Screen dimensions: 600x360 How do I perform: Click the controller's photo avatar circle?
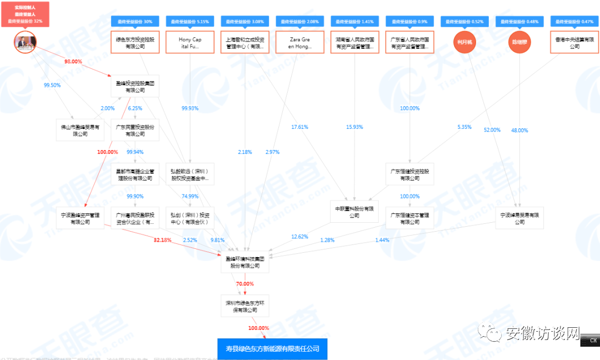click(25, 42)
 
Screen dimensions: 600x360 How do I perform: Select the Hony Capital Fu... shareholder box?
click(190, 43)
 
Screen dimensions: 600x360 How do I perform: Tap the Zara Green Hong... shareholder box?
click(300, 43)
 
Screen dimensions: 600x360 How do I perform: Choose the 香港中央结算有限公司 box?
click(575, 43)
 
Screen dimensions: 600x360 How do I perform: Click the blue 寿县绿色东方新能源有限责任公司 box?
click(272, 349)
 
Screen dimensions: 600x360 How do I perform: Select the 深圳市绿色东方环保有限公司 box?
click(245, 306)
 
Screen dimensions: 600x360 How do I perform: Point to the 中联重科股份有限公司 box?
click(354, 212)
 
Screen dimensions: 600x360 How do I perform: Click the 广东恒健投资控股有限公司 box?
click(409, 174)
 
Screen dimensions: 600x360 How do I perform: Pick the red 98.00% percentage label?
click(73, 62)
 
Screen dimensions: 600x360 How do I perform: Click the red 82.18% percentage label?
click(162, 240)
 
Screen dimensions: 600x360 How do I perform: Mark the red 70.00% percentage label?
click(245, 283)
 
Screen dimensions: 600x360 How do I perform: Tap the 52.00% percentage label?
click(492, 130)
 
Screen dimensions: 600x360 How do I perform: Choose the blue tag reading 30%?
click(135, 22)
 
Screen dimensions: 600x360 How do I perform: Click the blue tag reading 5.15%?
click(190, 22)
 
